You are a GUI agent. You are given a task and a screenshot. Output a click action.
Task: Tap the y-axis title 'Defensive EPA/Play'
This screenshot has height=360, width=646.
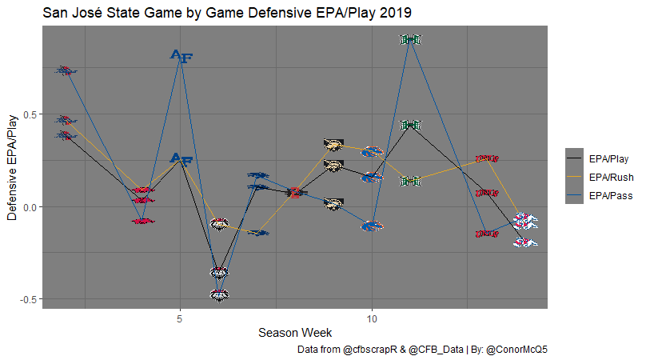point(12,167)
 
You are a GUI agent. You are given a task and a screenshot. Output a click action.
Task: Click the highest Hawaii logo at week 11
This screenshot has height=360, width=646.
point(410,39)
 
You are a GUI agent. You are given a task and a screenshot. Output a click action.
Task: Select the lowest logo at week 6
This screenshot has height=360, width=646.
point(219,295)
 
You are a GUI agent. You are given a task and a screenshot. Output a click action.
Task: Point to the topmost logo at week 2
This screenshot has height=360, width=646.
point(66,70)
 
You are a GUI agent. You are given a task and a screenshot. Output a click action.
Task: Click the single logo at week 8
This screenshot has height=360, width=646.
point(295,192)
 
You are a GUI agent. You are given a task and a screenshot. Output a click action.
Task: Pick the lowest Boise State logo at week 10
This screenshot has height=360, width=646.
point(372,226)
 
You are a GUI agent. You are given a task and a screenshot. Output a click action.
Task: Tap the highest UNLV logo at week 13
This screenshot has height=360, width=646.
point(486,159)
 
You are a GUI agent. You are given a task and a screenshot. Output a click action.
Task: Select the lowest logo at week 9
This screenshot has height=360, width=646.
point(333,204)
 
